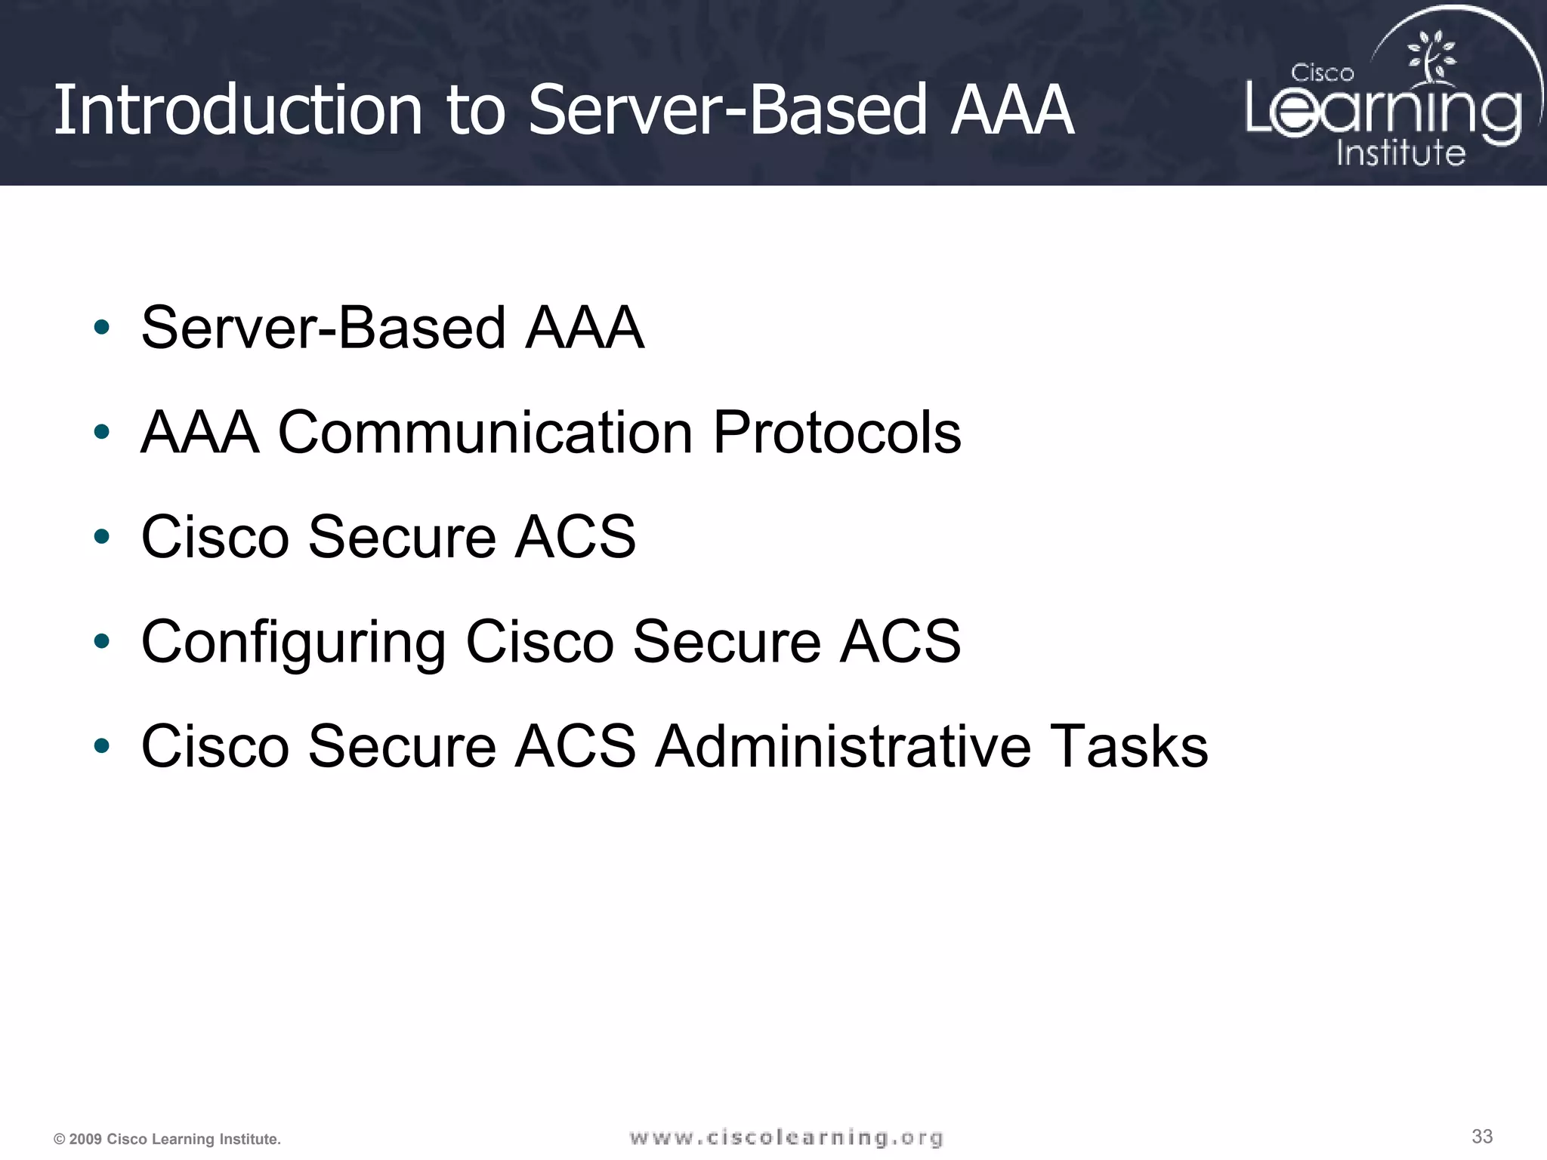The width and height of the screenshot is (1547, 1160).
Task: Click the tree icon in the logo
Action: [x=1431, y=56]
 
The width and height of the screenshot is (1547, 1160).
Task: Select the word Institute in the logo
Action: [x=1400, y=153]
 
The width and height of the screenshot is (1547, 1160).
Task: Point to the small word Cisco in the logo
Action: [x=1322, y=73]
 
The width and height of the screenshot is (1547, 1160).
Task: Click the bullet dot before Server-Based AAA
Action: [x=101, y=328]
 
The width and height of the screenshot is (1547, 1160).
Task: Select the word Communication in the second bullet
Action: [x=485, y=433]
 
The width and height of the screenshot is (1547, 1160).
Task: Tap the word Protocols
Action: [x=836, y=433]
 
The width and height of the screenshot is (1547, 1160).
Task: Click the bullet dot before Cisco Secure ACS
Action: [x=101, y=537]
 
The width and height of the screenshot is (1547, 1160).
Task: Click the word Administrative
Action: [x=842, y=746]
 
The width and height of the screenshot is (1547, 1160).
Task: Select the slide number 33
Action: [x=1482, y=1136]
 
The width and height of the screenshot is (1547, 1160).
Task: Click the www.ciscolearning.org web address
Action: [x=786, y=1137]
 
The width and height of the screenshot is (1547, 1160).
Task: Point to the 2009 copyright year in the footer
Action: [x=85, y=1139]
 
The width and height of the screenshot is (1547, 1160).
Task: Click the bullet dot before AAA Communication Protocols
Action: [x=101, y=433]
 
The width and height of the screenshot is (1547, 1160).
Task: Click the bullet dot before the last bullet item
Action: [x=101, y=746]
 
